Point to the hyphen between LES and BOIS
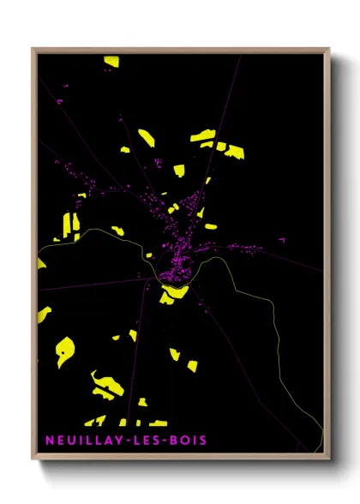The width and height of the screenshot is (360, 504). pyautogui.click(x=165, y=441)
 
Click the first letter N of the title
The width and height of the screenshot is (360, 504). pyautogui.click(x=51, y=441)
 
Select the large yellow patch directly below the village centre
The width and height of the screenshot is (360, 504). pyautogui.click(x=175, y=292)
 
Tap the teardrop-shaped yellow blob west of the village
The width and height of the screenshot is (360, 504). pyautogui.click(x=65, y=350)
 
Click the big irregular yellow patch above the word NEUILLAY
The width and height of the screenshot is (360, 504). pyautogui.click(x=107, y=385)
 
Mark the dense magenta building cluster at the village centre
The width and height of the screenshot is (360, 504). pyautogui.click(x=175, y=270)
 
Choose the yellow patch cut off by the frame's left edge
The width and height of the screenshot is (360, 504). pyautogui.click(x=40, y=264)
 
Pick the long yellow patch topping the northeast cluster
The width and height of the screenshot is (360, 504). pyautogui.click(x=203, y=135)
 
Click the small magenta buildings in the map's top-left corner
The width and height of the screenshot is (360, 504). pyautogui.click(x=60, y=102)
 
